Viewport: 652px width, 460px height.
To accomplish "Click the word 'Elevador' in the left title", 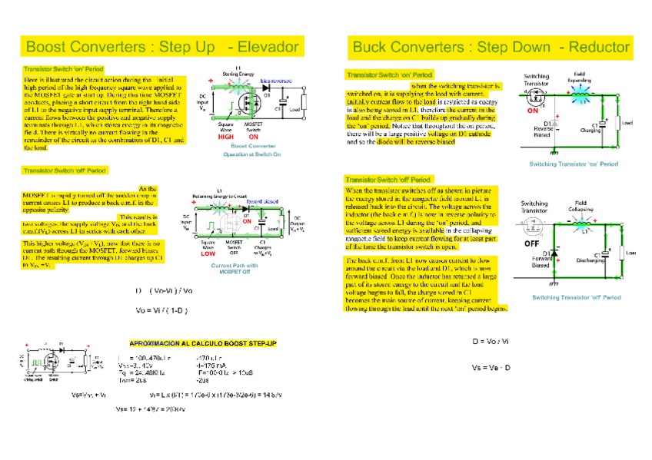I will click(x=268, y=47).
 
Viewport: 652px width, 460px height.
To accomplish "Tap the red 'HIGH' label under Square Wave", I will click(x=225, y=137).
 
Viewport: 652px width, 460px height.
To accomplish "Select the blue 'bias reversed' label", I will click(x=275, y=80).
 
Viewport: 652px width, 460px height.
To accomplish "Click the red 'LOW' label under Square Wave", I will click(x=207, y=253).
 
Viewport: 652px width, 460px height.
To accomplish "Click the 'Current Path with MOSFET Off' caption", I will click(x=235, y=268).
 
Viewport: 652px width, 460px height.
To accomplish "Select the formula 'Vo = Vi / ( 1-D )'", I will click(x=162, y=310).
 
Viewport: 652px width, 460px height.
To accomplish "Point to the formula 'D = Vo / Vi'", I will click(x=491, y=341).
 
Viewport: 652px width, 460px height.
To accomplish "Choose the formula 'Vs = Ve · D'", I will click(x=491, y=368).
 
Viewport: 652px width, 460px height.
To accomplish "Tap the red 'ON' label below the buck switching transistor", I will click(x=532, y=110).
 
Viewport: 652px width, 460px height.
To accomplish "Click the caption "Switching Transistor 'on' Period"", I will click(x=573, y=164).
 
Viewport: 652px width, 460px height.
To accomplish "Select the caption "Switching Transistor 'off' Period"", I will click(x=576, y=296).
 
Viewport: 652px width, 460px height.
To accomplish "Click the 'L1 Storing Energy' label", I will click(x=239, y=70).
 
